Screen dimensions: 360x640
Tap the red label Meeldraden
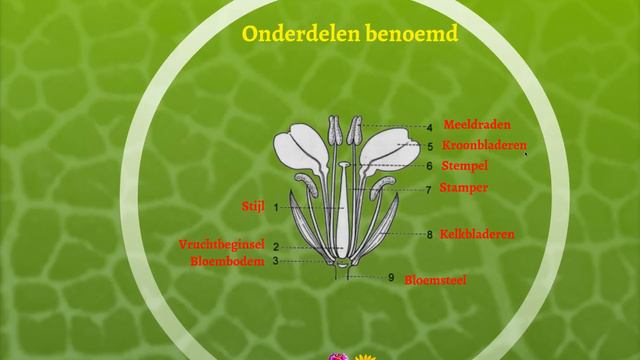(477, 125)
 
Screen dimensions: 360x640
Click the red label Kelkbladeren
(477, 234)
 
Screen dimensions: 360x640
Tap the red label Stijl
(253, 206)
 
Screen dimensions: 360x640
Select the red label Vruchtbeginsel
(221, 244)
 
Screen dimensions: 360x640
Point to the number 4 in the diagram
(429, 127)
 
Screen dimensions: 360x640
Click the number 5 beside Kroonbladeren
(429, 146)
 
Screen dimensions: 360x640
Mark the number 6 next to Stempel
(429, 166)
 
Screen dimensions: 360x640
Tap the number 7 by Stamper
(428, 189)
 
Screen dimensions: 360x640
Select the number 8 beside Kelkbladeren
(429, 235)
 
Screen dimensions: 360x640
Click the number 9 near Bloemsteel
(392, 277)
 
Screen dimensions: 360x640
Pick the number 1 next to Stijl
(275, 206)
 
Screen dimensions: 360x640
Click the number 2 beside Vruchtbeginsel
(275, 246)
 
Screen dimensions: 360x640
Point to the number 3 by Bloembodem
(275, 261)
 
